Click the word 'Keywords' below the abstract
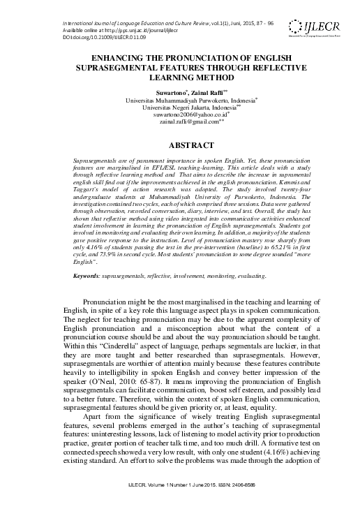click(x=89, y=276)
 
